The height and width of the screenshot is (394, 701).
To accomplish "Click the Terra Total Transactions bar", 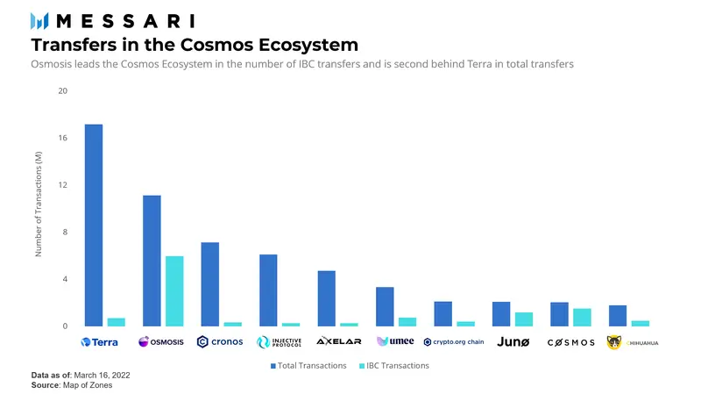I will pos(93,226).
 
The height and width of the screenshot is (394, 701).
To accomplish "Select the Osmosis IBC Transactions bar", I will pos(174,291).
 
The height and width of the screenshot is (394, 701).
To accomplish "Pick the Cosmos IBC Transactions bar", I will pos(582,318).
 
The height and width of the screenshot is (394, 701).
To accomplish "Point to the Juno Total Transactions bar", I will pos(501,314).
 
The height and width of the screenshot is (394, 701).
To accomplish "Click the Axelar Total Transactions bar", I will pos(326,298).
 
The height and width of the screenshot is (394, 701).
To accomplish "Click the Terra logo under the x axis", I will pos(99,342).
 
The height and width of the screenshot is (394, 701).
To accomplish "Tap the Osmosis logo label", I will pos(160,341).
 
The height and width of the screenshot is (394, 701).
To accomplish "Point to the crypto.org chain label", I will pos(453,341).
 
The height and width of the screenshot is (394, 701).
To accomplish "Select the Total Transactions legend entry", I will pos(308,365).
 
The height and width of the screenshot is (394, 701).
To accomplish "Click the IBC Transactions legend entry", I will pos(394,365).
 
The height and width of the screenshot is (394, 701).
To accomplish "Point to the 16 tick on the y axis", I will pos(62,139).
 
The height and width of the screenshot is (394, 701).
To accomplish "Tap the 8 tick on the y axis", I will pos(65,233).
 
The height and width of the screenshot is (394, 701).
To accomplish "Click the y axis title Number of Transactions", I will pos(39,204).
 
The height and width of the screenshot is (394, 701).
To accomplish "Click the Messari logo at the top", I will pos(112,19).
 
